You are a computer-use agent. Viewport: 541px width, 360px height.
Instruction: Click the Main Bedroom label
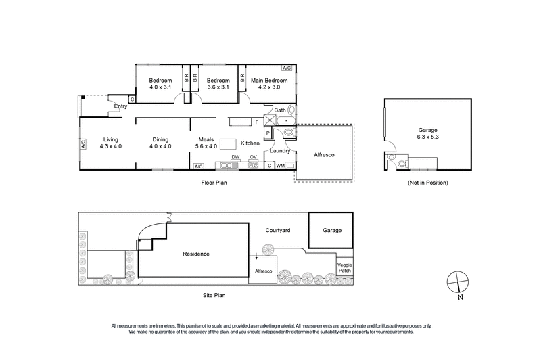[269, 81]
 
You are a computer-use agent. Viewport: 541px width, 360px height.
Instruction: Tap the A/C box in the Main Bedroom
[287, 68]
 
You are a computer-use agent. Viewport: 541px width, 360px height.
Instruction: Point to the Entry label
[121, 106]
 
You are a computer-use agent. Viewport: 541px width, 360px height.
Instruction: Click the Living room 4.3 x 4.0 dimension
[110, 146]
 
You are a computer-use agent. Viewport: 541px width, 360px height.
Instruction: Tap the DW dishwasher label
[235, 157]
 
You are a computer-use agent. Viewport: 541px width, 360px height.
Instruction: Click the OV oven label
[253, 157]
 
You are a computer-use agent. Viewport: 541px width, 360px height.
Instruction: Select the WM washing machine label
[280, 165]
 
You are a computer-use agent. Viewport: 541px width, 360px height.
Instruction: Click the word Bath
[280, 110]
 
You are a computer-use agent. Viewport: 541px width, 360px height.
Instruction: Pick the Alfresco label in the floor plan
[324, 154]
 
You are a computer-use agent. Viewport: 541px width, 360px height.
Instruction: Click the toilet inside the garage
[402, 163]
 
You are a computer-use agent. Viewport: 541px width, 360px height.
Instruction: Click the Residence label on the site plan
[196, 254]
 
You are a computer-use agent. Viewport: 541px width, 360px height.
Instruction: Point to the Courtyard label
[277, 231]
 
